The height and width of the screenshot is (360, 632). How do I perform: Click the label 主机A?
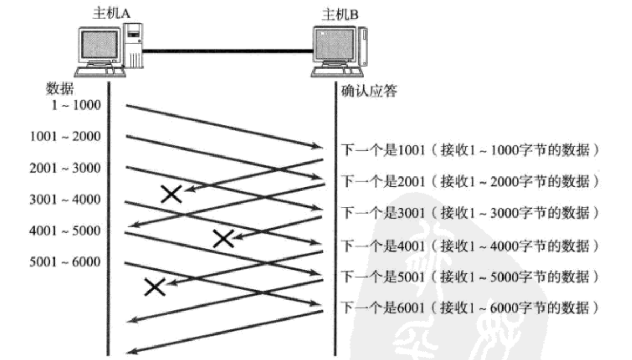tap(110, 13)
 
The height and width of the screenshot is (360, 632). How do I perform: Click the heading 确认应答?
tap(369, 92)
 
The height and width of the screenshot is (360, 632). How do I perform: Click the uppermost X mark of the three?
tap(172, 194)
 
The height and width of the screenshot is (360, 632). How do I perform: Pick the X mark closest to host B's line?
tap(223, 238)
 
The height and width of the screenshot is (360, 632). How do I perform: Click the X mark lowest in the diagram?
tap(155, 287)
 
